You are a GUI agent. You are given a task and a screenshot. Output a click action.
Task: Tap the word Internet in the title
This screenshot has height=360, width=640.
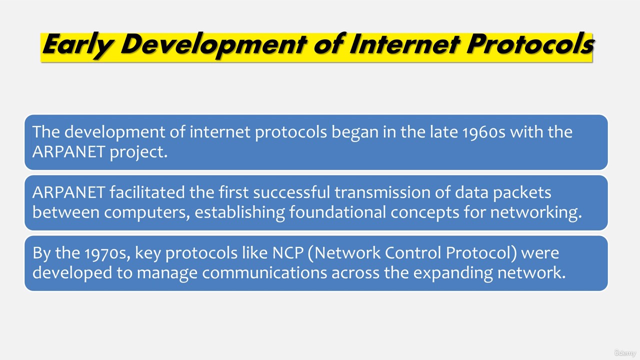point(404,44)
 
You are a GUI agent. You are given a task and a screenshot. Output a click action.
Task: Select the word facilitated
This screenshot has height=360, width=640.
point(147,192)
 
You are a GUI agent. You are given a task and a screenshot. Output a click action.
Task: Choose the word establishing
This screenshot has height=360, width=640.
point(239,213)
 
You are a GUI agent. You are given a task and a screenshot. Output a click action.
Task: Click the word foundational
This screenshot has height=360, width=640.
point(337,212)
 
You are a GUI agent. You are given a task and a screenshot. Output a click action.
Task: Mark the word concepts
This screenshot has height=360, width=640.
point(425,213)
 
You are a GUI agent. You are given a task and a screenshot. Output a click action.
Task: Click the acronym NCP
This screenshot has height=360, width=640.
point(287,253)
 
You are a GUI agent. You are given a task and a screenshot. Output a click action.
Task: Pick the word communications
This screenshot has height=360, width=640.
point(264,273)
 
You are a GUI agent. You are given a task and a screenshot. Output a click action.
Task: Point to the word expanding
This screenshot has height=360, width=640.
point(453,273)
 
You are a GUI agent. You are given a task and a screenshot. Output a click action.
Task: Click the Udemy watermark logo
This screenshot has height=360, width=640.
point(625,353)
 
